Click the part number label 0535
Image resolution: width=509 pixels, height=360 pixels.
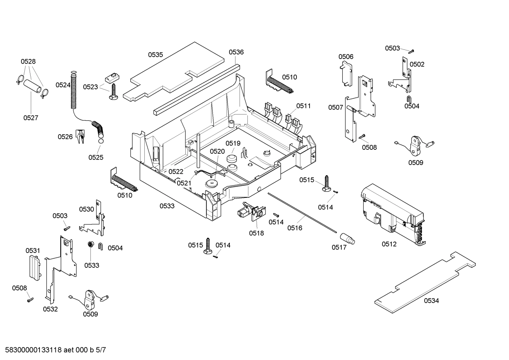click(155, 55)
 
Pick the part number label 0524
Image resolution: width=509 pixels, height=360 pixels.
click(63, 85)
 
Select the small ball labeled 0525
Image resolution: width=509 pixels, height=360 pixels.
click(101, 141)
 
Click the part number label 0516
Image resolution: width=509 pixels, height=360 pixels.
click(295, 228)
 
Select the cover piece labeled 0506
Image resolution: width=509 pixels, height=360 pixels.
click(346, 74)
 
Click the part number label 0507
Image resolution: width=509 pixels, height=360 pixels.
click(335, 107)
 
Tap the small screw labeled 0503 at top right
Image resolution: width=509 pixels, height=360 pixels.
click(411, 51)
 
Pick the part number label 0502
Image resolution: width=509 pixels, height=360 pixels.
click(417, 64)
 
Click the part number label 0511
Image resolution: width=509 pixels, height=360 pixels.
click(304, 106)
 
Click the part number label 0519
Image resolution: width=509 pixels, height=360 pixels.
click(233, 143)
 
